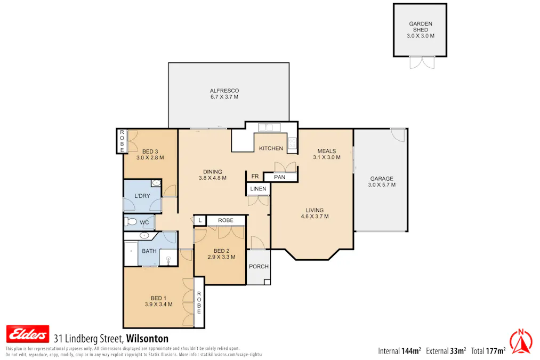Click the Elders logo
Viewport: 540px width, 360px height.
click(x=28, y=333)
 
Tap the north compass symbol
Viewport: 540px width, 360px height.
click(x=521, y=342)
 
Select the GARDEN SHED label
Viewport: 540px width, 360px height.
click(x=421, y=27)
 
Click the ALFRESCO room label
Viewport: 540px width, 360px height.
click(x=224, y=91)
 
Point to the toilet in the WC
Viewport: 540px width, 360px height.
click(x=131, y=221)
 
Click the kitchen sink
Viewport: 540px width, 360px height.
click(x=269, y=127)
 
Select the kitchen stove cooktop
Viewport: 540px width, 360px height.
click(x=292, y=143)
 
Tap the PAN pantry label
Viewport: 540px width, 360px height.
click(x=280, y=177)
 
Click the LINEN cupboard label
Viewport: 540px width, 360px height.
click(x=259, y=189)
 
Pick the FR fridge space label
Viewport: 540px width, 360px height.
click(x=255, y=177)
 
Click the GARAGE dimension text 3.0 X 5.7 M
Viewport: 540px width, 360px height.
click(x=382, y=185)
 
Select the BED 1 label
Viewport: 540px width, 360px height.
click(x=158, y=298)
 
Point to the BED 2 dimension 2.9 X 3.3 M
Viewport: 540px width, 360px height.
click(x=221, y=257)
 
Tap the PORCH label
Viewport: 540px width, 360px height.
click(x=259, y=266)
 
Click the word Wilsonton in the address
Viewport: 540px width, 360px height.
click(x=147, y=339)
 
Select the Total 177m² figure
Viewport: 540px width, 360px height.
click(x=488, y=351)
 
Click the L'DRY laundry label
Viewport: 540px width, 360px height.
click(x=142, y=196)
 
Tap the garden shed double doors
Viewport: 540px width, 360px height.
click(x=422, y=62)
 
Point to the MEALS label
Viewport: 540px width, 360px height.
click(x=327, y=151)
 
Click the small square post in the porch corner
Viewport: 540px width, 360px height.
click(x=267, y=282)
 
